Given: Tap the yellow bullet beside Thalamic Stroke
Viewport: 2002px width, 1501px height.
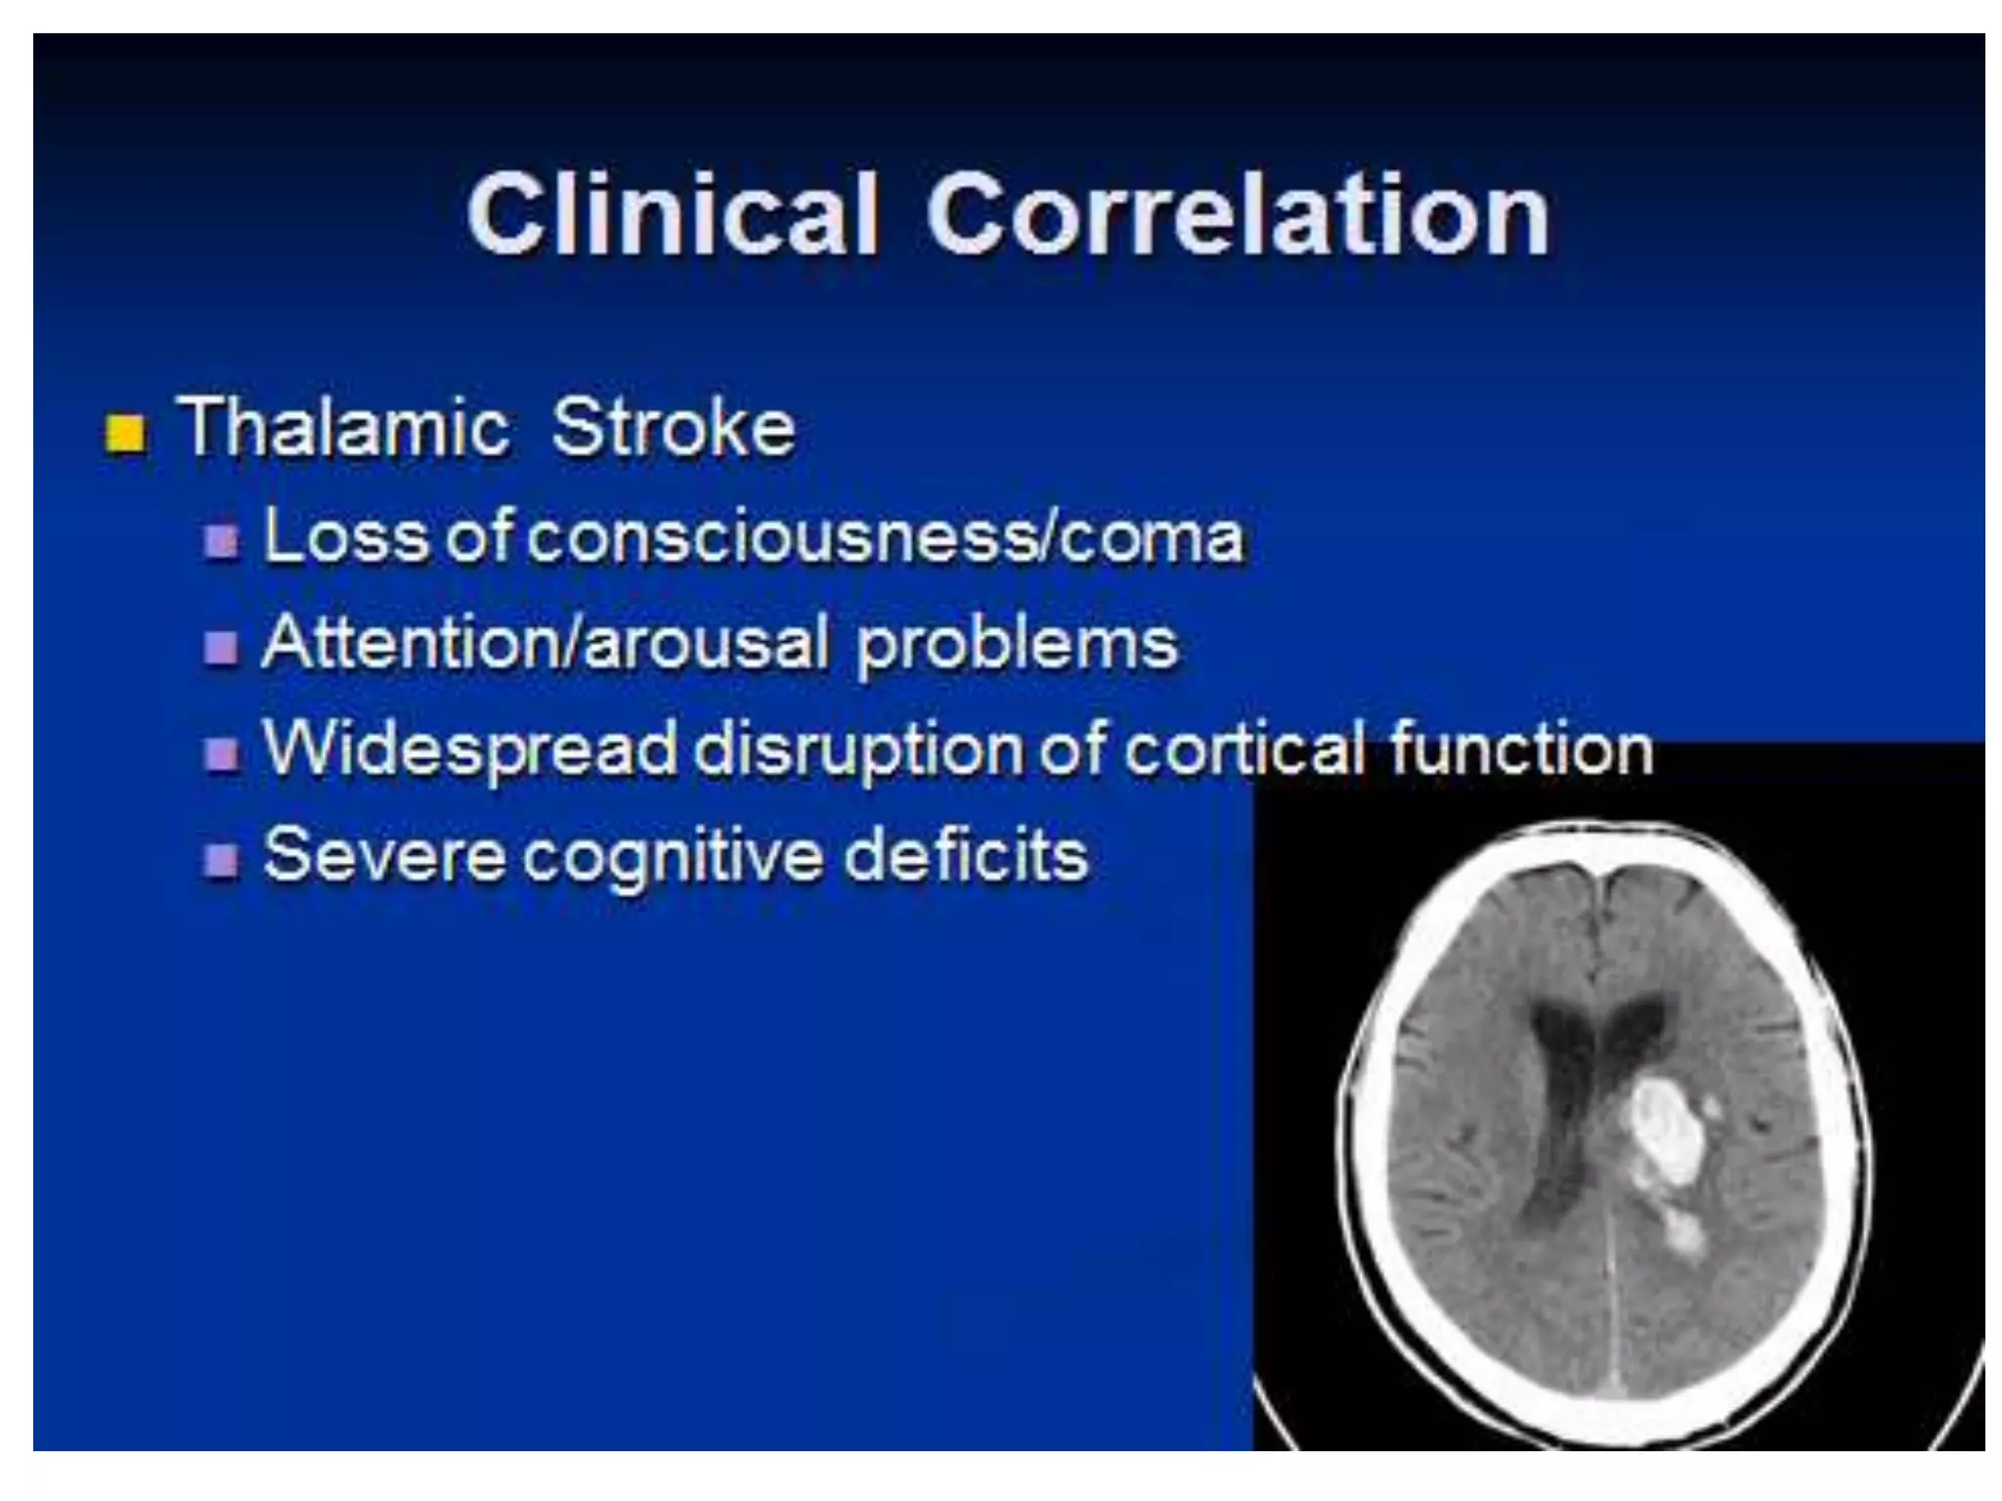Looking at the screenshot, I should click(x=125, y=433).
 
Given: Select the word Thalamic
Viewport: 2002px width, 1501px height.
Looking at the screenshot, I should click(x=343, y=428).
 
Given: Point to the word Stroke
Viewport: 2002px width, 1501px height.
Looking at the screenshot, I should click(x=674, y=428).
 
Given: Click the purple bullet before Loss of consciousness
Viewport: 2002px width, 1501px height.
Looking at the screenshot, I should click(x=222, y=540).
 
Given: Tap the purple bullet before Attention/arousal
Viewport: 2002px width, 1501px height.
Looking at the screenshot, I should click(x=222, y=646).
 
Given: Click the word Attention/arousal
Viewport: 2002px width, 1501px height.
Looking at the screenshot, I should click(x=546, y=643).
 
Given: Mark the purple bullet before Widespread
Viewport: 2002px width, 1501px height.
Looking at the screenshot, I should click(x=222, y=752).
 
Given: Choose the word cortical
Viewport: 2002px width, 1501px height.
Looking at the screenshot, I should click(x=1244, y=749).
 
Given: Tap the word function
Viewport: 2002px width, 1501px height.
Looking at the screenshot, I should click(x=1521, y=749).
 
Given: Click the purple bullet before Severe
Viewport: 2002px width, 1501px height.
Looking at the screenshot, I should click(x=222, y=859).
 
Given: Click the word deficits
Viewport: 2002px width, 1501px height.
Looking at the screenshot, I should click(x=966, y=855).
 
